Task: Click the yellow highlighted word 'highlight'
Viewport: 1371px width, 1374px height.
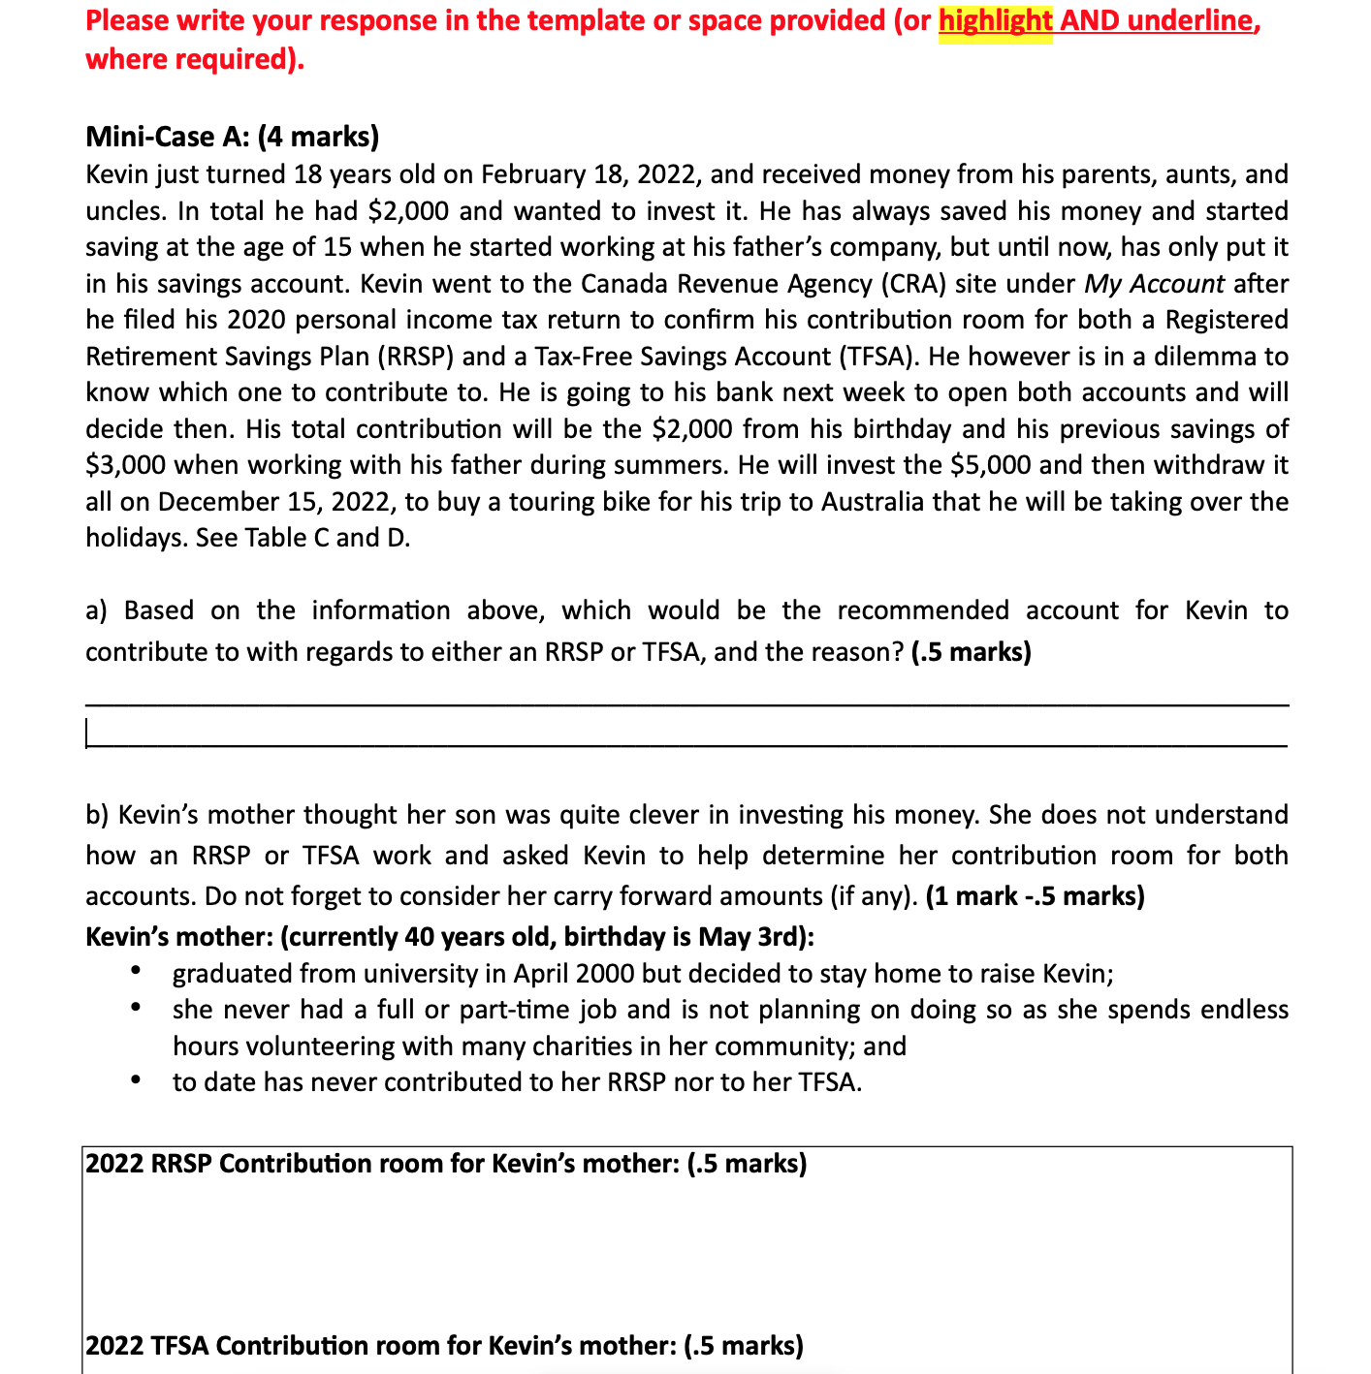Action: coord(995,20)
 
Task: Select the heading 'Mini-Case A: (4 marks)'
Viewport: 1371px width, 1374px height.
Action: coord(232,137)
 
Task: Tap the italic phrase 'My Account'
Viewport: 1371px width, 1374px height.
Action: coord(1154,284)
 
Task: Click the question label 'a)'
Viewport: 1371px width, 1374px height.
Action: coord(97,610)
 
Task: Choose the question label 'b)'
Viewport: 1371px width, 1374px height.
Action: coord(97,815)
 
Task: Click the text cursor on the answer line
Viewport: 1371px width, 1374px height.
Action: coord(87,734)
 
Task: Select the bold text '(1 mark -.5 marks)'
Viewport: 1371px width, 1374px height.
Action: coord(1035,896)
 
